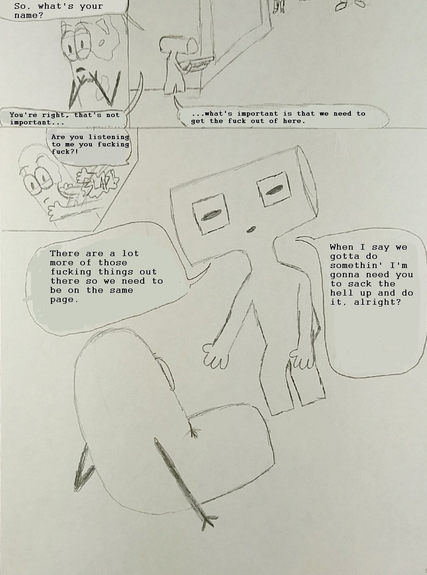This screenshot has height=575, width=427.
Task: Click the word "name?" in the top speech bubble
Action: coord(28,16)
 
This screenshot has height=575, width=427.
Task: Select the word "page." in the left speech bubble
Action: coord(64,300)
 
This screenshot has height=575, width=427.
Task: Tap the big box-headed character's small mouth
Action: coord(251,229)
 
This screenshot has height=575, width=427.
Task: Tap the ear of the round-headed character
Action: coord(167,373)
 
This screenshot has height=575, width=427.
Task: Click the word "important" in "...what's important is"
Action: coord(257,113)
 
